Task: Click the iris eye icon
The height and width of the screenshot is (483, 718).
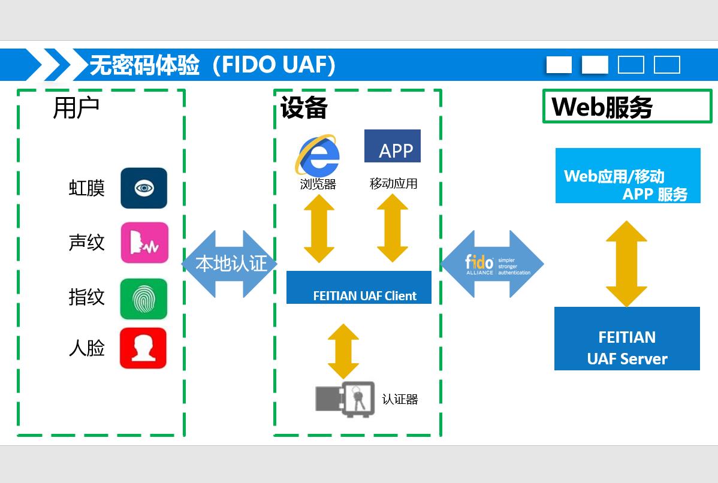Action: point(144,188)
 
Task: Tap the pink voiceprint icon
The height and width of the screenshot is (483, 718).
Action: point(144,243)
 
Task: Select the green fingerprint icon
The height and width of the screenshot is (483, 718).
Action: point(144,298)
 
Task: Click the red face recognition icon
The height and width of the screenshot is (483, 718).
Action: point(143,348)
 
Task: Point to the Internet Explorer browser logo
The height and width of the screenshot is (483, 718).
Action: point(317,155)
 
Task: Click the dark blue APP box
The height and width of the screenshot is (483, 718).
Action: point(393,146)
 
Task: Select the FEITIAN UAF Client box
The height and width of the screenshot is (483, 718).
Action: point(359,288)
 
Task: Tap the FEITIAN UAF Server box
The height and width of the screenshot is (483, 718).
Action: point(627,339)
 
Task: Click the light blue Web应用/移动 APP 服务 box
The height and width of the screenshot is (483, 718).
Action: point(628,176)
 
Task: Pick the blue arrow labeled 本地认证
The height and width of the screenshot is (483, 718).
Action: point(230,264)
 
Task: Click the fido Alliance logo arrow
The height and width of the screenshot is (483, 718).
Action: point(492,264)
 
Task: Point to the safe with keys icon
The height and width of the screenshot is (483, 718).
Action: point(345,399)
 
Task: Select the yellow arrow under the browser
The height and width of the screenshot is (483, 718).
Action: point(319,228)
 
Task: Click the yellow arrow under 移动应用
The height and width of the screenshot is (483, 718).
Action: point(393,228)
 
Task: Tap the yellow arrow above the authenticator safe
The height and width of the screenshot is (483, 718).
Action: point(343,351)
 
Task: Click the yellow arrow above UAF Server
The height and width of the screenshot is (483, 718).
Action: point(626,264)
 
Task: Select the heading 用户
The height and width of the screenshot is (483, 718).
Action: point(76,108)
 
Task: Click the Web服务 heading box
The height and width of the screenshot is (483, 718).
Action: point(627,107)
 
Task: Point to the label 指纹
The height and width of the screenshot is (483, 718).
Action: point(87,297)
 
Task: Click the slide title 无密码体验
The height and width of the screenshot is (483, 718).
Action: point(144,65)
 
